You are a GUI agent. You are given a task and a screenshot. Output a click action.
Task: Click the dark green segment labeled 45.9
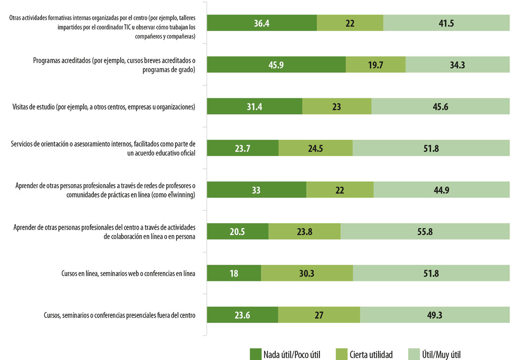pyautogui.click(x=276, y=65)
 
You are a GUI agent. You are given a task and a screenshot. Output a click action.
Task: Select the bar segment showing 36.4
pyautogui.click(x=261, y=23)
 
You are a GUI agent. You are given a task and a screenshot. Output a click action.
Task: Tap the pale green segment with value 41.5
pyautogui.click(x=446, y=23)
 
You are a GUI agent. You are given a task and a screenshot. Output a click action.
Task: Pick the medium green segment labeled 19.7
pyautogui.click(x=375, y=65)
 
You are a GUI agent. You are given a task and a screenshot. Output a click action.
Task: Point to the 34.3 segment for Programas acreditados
pyautogui.click(x=457, y=65)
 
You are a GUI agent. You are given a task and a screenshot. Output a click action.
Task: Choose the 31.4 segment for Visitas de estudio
pyautogui.click(x=254, y=106)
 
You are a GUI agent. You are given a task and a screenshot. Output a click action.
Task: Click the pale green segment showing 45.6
pyautogui.click(x=440, y=106)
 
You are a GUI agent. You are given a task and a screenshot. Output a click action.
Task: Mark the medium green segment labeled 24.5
pyautogui.click(x=315, y=148)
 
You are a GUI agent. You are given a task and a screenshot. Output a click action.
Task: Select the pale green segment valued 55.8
pyautogui.click(x=425, y=231)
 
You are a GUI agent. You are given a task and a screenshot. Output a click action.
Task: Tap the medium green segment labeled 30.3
pyautogui.click(x=307, y=273)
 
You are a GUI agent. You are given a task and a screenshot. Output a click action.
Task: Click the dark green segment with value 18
pyautogui.click(x=234, y=273)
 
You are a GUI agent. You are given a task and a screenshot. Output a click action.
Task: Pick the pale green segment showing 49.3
pyautogui.click(x=434, y=315)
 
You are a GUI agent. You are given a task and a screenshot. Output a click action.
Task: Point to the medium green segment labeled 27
pyautogui.click(x=319, y=315)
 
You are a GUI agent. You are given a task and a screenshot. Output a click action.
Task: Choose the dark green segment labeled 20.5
pyautogui.click(x=237, y=231)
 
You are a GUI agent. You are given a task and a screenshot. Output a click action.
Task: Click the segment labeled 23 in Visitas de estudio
pyautogui.click(x=337, y=106)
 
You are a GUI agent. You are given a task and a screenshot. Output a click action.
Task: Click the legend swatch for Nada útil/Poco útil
pyautogui.click(x=255, y=354)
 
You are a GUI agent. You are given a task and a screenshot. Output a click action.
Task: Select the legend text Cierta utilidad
pyautogui.click(x=371, y=354)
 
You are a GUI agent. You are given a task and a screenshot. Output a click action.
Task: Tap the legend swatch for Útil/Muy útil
pyautogui.click(x=414, y=354)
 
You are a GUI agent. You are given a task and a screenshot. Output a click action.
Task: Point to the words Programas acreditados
pyautogui.click(x=61, y=60)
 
